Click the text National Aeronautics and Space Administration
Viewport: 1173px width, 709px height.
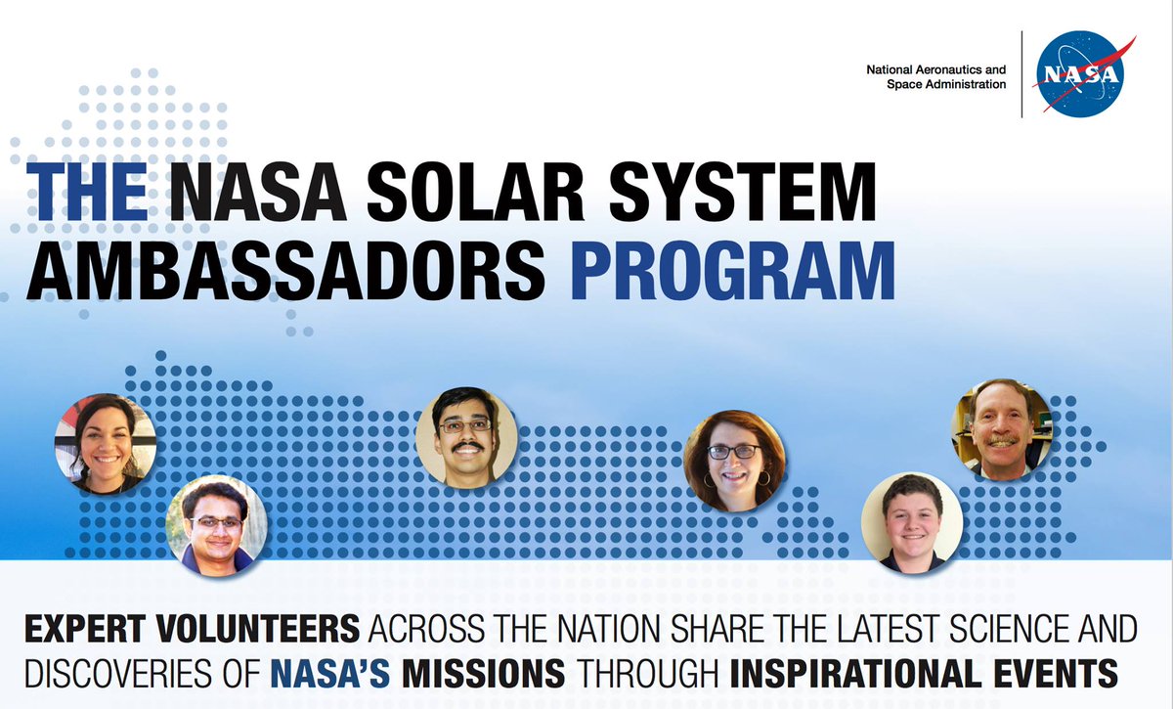(935, 77)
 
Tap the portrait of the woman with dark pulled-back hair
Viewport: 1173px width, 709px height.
(105, 443)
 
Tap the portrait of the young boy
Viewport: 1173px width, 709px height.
(911, 522)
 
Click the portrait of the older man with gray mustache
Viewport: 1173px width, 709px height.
(1001, 428)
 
